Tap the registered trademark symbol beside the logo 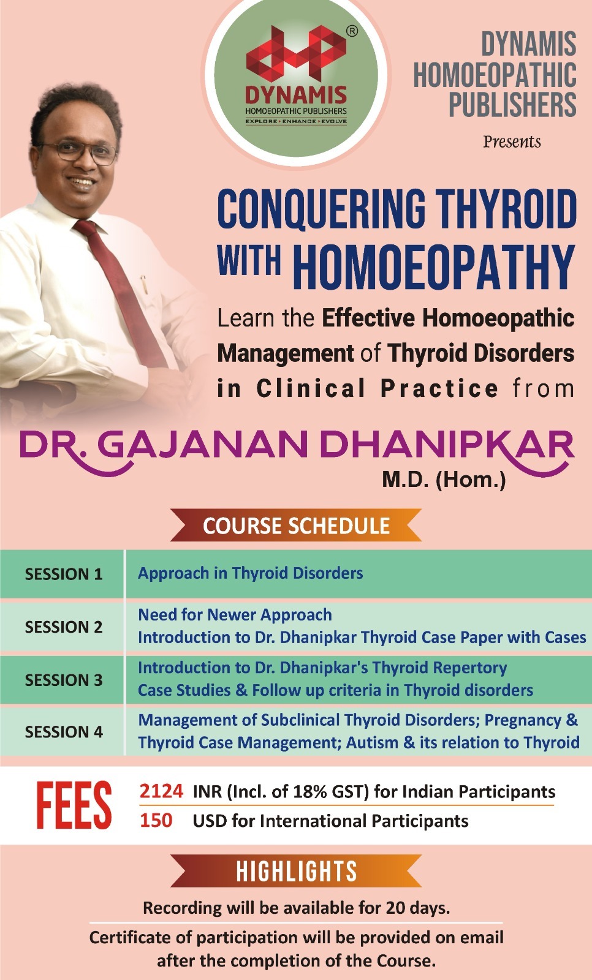pos(352,31)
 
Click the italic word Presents pos(512,142)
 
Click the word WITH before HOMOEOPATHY pos(249,260)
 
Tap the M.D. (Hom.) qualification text pos(444,479)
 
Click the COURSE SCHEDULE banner pos(296,526)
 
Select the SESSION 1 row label pos(63,574)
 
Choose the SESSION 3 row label pos(63,680)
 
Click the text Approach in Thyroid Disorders pos(250,573)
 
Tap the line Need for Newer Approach pos(235,614)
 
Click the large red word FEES pos(74,806)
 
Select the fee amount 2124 pos(161,791)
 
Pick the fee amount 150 pos(156,820)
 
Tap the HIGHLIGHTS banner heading pos(296,871)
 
